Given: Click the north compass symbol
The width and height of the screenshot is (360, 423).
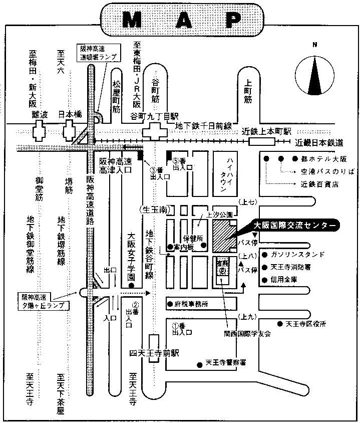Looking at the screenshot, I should click(315, 76).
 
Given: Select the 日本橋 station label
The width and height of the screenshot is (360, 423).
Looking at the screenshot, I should click(69, 115).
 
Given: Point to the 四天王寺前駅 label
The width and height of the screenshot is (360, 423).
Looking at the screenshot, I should click(153, 353).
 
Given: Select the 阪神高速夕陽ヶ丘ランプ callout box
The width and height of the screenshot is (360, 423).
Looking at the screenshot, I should click(43, 300).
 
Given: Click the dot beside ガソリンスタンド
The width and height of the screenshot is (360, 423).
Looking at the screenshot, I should click(271, 254).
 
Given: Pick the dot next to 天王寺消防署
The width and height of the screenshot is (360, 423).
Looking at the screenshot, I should click(271, 267).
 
